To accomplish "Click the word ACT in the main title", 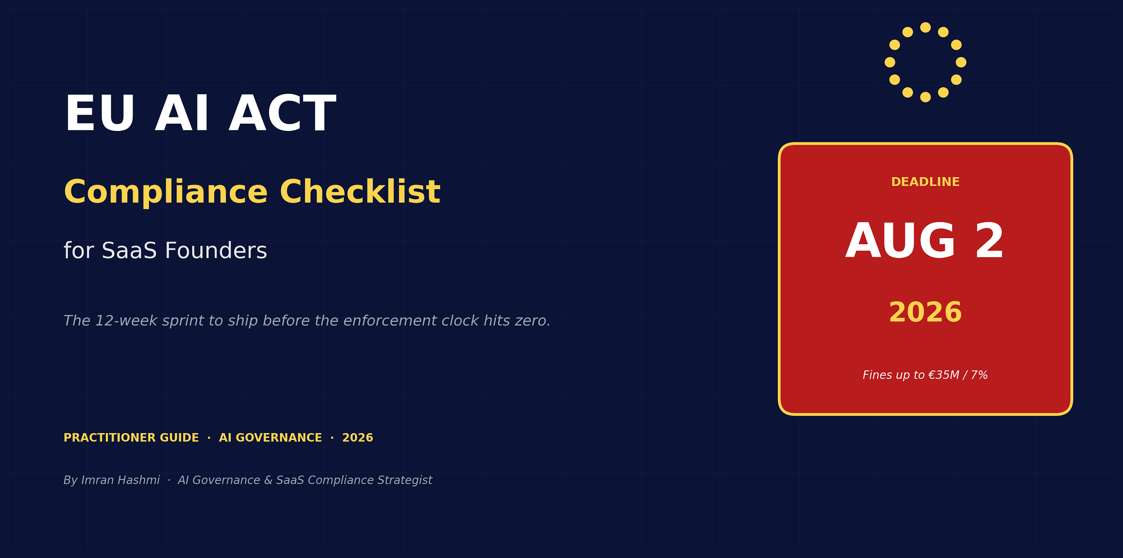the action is pos(282,113).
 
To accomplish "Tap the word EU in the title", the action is pos(99,113).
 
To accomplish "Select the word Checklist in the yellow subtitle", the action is pos(360,192).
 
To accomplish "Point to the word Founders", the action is pos(216,251).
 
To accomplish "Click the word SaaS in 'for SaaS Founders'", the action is pos(129,251).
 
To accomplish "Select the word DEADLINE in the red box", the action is pos(925,182).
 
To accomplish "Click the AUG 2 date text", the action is pos(925,241).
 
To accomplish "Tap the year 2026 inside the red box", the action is pos(925,312).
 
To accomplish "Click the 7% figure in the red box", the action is pos(979,375).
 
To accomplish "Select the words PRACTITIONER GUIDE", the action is pos(131,437).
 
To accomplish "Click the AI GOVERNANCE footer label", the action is pos(270,437).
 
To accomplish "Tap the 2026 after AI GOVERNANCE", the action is pos(358,437).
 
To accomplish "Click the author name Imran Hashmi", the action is pos(121,480).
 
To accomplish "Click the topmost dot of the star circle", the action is pos(926,28).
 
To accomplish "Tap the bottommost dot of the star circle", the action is pos(926,97).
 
